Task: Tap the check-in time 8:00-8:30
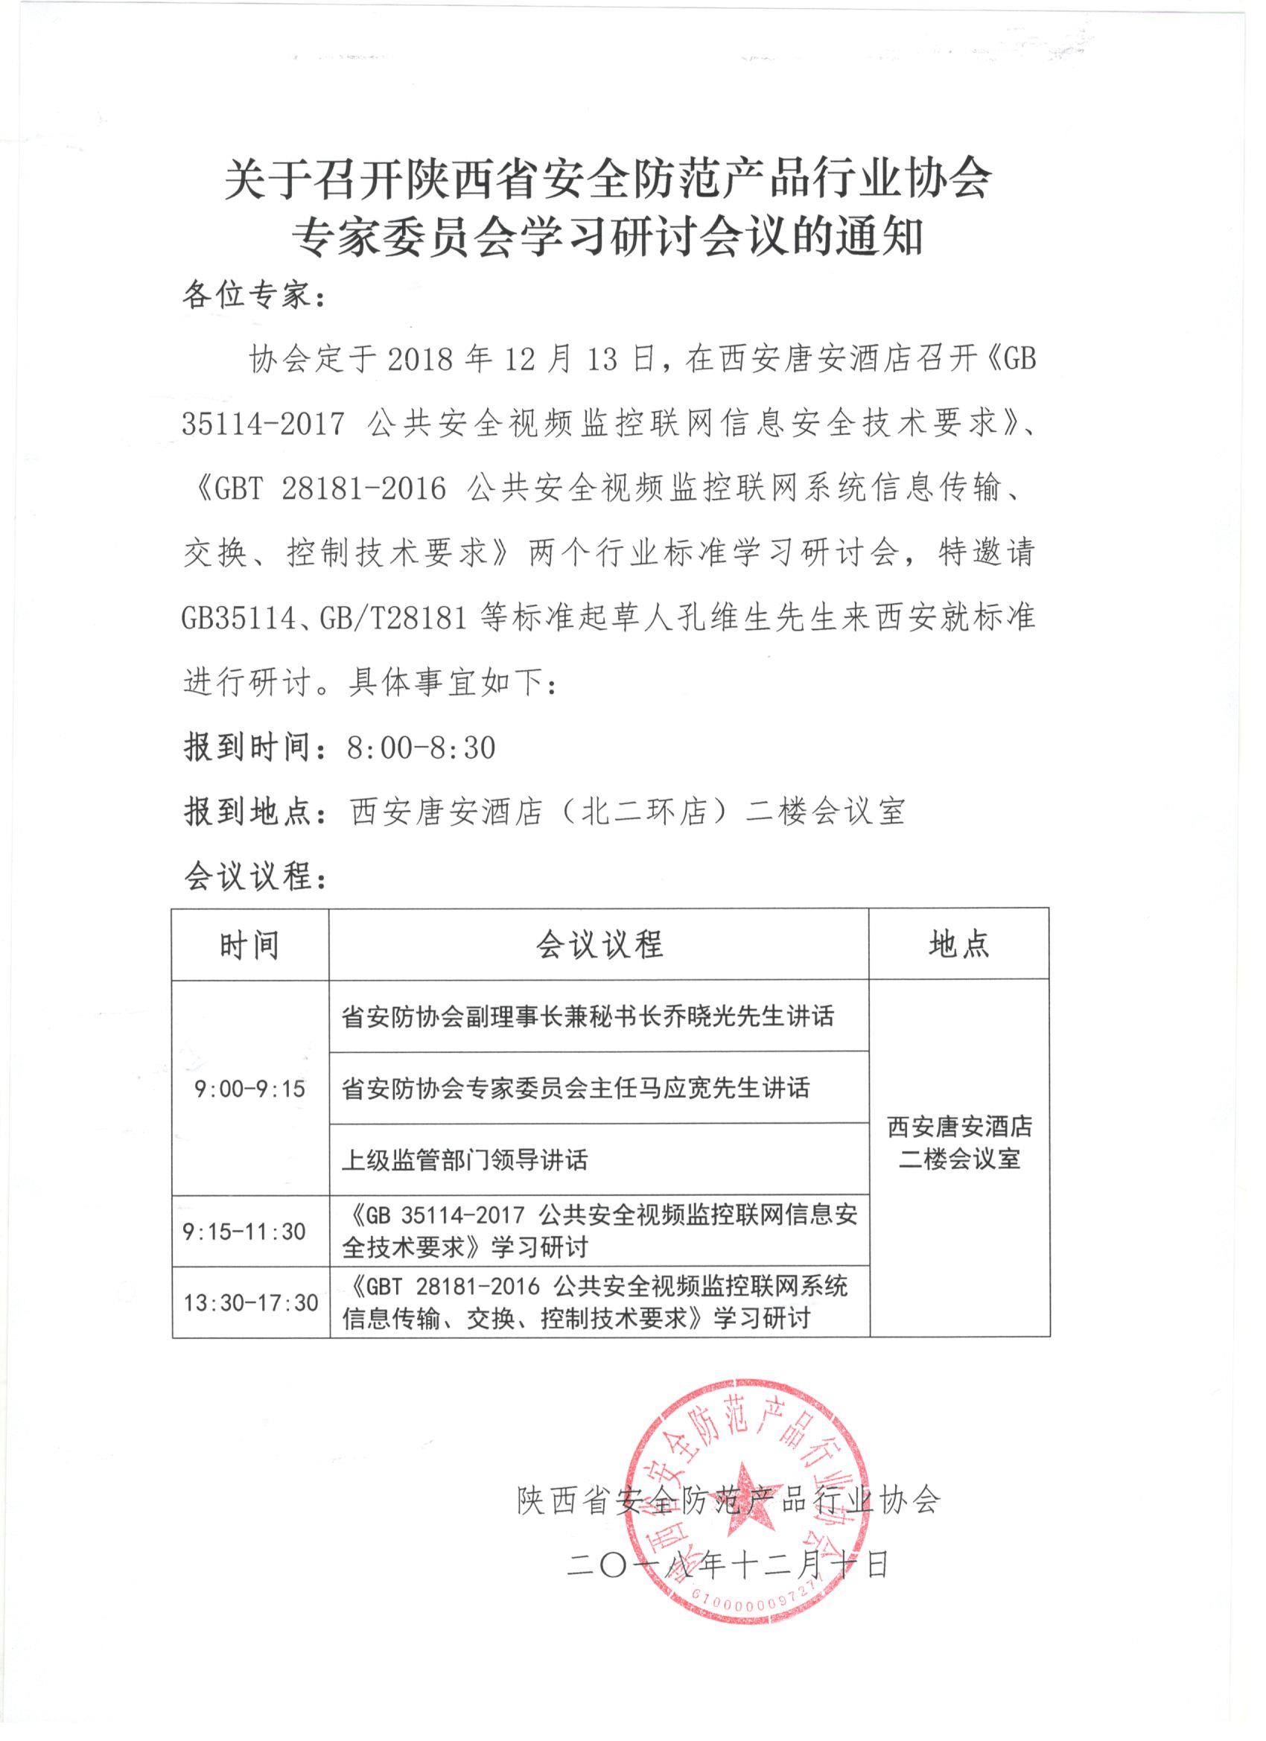tap(421, 747)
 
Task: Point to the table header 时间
tap(249, 945)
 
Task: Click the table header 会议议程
tap(599, 945)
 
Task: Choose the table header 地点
tap(959, 945)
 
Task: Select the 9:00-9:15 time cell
tap(249, 1089)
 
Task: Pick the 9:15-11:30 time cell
tap(245, 1232)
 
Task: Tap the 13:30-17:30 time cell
tap(250, 1302)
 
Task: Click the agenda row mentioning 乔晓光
tap(588, 1017)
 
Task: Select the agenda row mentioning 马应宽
tap(576, 1089)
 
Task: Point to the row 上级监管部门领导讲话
tap(465, 1160)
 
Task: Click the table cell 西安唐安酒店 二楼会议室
tap(959, 1144)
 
